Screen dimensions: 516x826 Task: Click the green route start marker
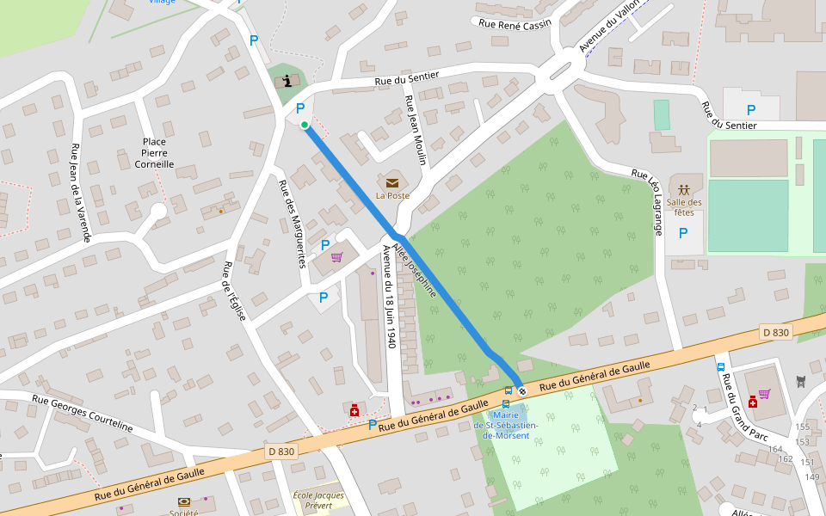(x=305, y=125)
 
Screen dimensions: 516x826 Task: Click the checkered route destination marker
(x=521, y=391)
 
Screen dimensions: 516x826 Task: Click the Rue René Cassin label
(x=514, y=25)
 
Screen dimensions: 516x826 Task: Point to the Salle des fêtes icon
(x=683, y=188)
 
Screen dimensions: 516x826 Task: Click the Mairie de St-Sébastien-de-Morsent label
(x=506, y=425)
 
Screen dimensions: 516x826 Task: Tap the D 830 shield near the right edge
(x=775, y=332)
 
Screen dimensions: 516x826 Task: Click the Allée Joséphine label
(x=416, y=268)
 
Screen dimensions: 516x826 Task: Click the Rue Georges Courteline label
(x=83, y=413)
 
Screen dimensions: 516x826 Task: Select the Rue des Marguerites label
(x=291, y=224)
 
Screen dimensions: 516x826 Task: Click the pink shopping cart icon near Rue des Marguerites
(x=336, y=257)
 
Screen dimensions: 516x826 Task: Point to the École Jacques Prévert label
(x=318, y=501)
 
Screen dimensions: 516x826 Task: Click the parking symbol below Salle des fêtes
(x=683, y=232)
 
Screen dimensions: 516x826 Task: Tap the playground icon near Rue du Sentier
(x=286, y=81)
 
